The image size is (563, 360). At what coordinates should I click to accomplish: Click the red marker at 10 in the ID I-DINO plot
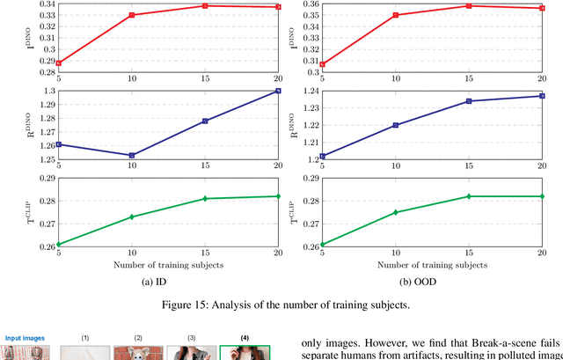click(132, 15)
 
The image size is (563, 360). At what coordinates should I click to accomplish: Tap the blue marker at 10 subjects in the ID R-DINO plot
click(132, 155)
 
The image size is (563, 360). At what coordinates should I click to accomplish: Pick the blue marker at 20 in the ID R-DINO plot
click(278, 91)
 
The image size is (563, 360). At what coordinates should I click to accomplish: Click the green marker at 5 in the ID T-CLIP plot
click(59, 245)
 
